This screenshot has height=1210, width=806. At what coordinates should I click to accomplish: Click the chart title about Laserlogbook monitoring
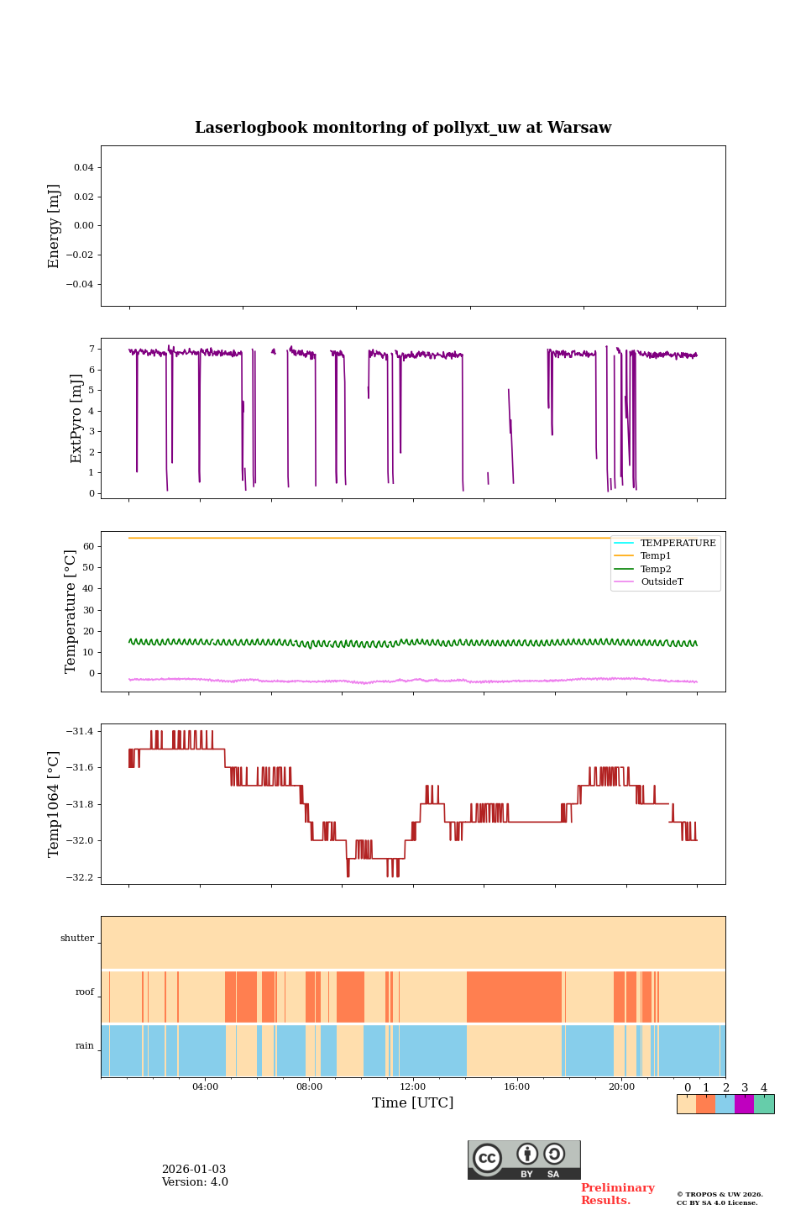403,128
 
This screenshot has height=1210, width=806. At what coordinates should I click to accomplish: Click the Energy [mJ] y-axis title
55,226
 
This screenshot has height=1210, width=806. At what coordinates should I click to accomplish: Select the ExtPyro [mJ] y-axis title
76,418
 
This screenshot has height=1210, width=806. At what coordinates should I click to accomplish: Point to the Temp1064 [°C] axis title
55,804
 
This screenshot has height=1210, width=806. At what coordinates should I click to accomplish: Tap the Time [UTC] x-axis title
412,1102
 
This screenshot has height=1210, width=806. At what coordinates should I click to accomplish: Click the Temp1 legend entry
656,556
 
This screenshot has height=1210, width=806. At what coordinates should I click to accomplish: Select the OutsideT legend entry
662,581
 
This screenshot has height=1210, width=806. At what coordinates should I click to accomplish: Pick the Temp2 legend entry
656,569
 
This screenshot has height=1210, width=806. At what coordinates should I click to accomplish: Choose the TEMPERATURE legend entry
678,543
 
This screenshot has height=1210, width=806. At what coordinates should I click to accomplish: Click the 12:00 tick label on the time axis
412,1086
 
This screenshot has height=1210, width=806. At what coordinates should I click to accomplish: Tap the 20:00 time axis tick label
621,1086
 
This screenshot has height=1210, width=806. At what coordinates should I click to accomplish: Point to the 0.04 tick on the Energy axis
83,167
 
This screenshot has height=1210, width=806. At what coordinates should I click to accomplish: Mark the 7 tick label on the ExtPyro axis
91,349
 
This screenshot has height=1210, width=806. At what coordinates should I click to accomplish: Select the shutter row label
77,938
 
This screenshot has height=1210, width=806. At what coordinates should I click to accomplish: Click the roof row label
85,992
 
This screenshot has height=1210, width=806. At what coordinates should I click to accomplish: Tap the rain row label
85,1045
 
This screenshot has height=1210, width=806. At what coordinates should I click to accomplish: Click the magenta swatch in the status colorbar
744,1104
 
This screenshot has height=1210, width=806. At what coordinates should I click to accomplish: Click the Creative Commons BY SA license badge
524,1160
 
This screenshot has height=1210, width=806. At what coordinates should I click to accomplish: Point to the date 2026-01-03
194,1170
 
